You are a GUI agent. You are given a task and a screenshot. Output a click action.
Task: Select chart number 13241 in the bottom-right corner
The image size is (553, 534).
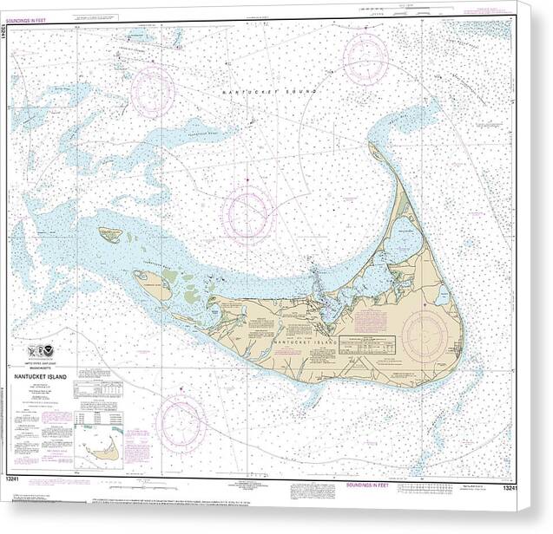click(510, 487)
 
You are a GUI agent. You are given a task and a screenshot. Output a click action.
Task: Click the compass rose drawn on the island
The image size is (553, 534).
click(425, 335)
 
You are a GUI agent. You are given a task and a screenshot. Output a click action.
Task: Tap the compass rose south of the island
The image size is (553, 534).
click(181, 424)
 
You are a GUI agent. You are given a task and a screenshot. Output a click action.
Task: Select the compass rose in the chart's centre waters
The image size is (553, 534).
click(248, 214)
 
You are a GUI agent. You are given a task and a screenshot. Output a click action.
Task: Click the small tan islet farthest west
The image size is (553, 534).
click(109, 234)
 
